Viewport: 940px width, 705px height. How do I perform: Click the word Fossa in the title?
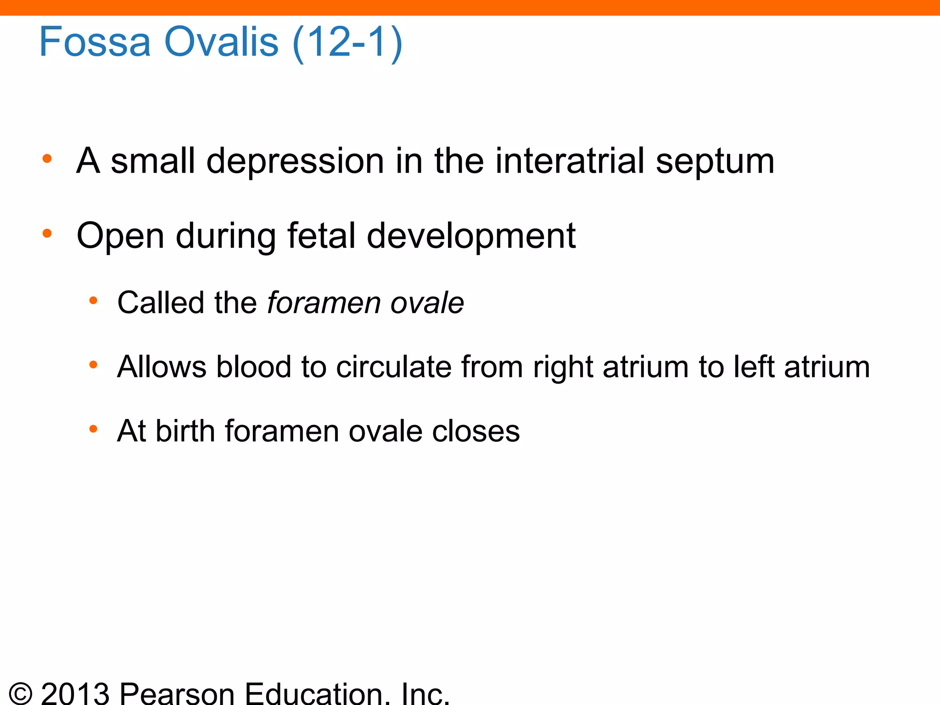95,42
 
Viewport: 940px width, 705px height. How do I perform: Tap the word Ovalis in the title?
221,42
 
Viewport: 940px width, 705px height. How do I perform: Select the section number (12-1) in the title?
347,43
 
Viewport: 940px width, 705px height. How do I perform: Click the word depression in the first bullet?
295,162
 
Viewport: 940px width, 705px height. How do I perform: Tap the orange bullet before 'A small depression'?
47,159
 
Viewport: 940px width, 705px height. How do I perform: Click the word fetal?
321,235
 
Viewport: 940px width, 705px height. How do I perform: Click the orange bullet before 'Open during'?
47,234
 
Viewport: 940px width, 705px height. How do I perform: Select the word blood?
254,367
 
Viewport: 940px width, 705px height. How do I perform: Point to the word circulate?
394,367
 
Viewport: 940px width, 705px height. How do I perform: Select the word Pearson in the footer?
177,693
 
